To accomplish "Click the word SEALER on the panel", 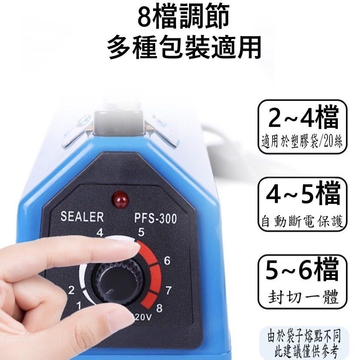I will (82, 217).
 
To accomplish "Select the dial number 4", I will (100, 233).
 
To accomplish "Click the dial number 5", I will (141, 233).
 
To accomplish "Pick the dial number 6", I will (165, 261).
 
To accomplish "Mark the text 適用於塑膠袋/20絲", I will (303, 144).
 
